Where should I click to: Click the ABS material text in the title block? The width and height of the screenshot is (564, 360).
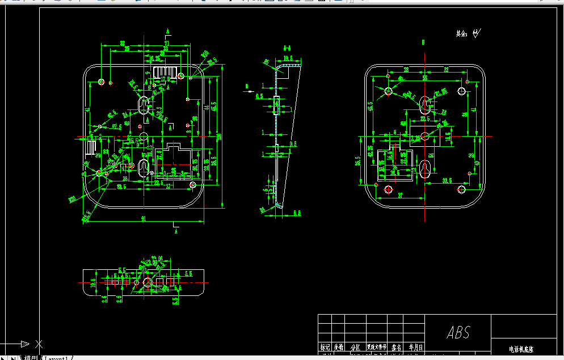click(458, 332)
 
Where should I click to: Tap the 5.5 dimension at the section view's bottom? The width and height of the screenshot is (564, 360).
click(297, 213)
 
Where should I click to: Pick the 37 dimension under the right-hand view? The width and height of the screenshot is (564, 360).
click(399, 195)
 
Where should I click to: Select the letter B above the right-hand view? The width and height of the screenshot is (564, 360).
click(424, 42)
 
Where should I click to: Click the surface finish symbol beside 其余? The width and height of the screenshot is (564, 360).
click(477, 33)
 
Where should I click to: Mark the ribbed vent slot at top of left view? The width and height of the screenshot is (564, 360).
click(165, 72)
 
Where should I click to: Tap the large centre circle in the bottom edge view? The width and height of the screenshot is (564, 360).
click(148, 282)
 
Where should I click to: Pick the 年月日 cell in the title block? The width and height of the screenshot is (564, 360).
click(414, 347)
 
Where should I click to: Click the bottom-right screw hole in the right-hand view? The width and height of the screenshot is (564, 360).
click(461, 189)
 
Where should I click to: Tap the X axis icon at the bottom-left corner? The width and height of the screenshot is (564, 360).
click(38, 344)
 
